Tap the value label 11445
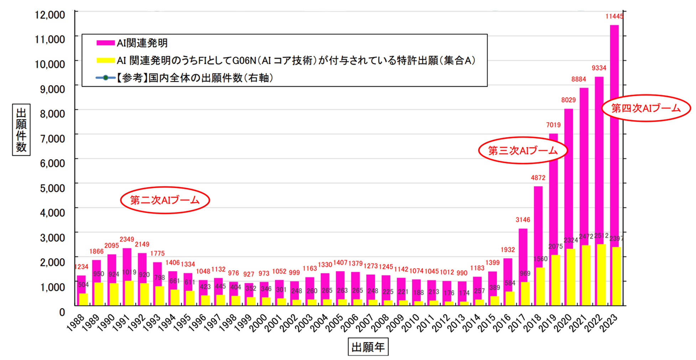point(614,16)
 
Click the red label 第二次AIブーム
point(165,200)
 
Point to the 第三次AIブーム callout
point(523,151)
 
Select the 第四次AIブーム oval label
point(646,108)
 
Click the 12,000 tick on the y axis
point(50,15)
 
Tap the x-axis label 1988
point(76,322)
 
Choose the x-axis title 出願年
point(368,347)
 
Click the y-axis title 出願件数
point(21,130)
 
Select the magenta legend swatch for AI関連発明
point(105,43)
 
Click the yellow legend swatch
point(105,61)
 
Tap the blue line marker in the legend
point(105,78)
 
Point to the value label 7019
point(553,125)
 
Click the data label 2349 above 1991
point(127,240)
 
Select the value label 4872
point(538,178)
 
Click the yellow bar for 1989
point(99,294)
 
